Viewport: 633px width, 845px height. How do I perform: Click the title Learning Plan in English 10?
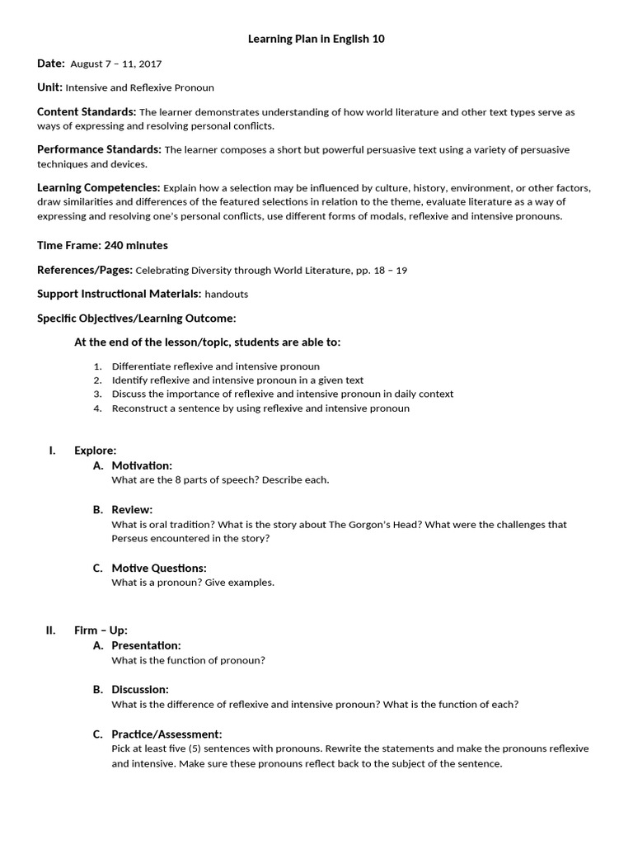pyautogui.click(x=316, y=39)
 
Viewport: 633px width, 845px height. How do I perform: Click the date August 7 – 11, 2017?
pyautogui.click(x=115, y=64)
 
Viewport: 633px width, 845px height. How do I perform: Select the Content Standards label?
pyautogui.click(x=87, y=111)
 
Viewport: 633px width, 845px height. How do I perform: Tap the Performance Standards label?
pyautogui.click(x=99, y=149)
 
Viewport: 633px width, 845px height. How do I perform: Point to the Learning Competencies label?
pyautogui.click(x=98, y=187)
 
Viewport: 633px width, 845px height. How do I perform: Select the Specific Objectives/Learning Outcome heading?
pyautogui.click(x=136, y=318)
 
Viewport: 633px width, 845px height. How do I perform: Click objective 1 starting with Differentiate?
pyautogui.click(x=215, y=366)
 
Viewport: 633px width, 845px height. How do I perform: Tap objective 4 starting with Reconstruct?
pyautogui.click(x=260, y=408)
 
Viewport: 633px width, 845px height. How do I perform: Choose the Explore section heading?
pyautogui.click(x=95, y=450)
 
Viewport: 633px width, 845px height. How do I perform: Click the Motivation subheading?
pyautogui.click(x=142, y=465)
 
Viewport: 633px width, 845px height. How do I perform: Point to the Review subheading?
pyautogui.click(x=132, y=509)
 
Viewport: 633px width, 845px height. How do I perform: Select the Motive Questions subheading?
pyautogui.click(x=159, y=568)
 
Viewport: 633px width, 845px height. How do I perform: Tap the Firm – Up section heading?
pyautogui.click(x=101, y=630)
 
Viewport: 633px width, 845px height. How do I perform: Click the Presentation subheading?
pyautogui.click(x=146, y=645)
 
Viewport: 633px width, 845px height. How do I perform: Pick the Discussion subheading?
pyautogui.click(x=140, y=689)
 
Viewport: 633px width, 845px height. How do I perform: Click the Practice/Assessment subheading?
pyautogui.click(x=166, y=734)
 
